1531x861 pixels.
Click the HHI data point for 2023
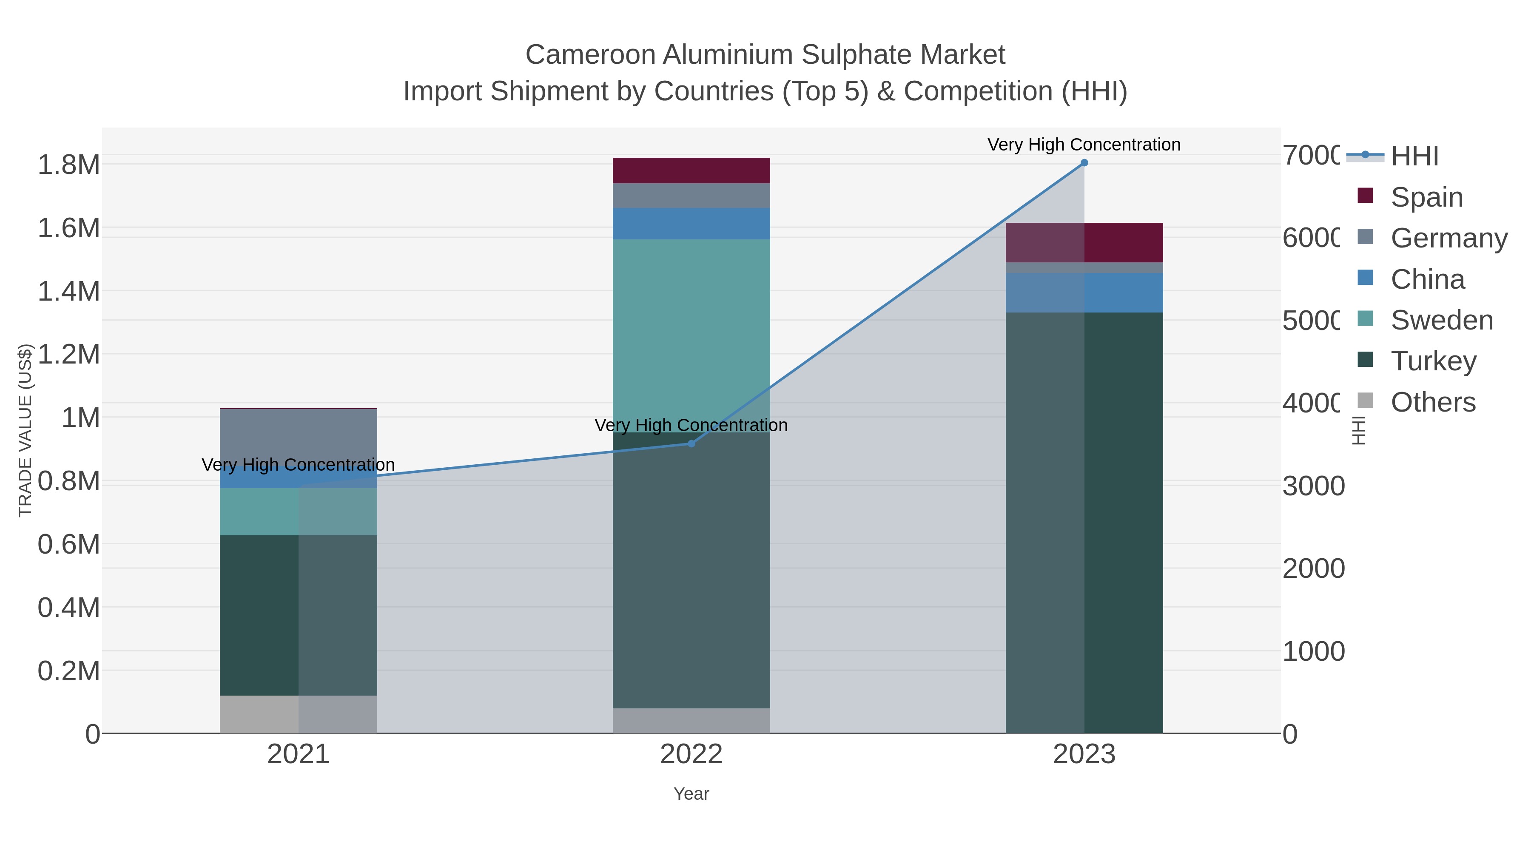coord(1084,163)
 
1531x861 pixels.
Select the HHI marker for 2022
coord(691,443)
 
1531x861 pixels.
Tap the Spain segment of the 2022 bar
coord(691,170)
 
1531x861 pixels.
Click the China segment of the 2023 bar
coord(1084,293)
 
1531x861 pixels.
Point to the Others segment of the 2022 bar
coord(691,720)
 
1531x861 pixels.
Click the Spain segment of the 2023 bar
coord(1084,242)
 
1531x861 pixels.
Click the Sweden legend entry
coord(1441,320)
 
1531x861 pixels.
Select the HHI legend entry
coord(1414,156)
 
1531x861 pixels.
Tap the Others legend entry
coord(1432,402)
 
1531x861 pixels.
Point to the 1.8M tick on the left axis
coord(69,165)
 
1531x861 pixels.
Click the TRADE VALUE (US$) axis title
coord(25,430)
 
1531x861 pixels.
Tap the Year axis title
coord(691,794)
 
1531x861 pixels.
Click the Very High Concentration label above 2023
coord(1084,145)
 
